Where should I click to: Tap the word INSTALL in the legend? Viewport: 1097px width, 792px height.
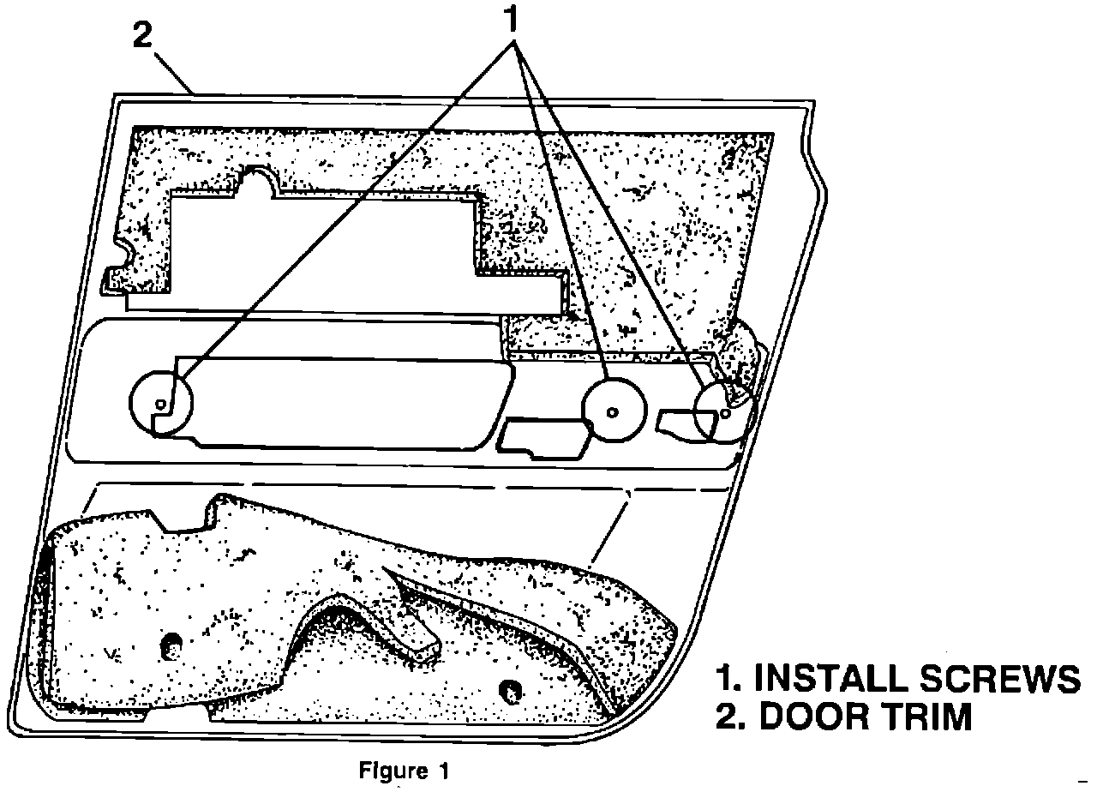click(x=820, y=679)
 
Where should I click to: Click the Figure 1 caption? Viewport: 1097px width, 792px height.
click(x=403, y=771)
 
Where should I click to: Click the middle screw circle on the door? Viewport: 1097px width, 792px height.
click(x=612, y=411)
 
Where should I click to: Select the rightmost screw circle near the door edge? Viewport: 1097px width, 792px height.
click(x=725, y=412)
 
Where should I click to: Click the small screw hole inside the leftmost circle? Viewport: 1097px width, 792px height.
click(x=160, y=404)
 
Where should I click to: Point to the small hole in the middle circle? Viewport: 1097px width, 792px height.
click(x=612, y=412)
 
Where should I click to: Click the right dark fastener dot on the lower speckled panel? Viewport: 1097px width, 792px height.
click(x=512, y=688)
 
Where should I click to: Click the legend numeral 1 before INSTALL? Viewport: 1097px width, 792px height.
click(x=728, y=679)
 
